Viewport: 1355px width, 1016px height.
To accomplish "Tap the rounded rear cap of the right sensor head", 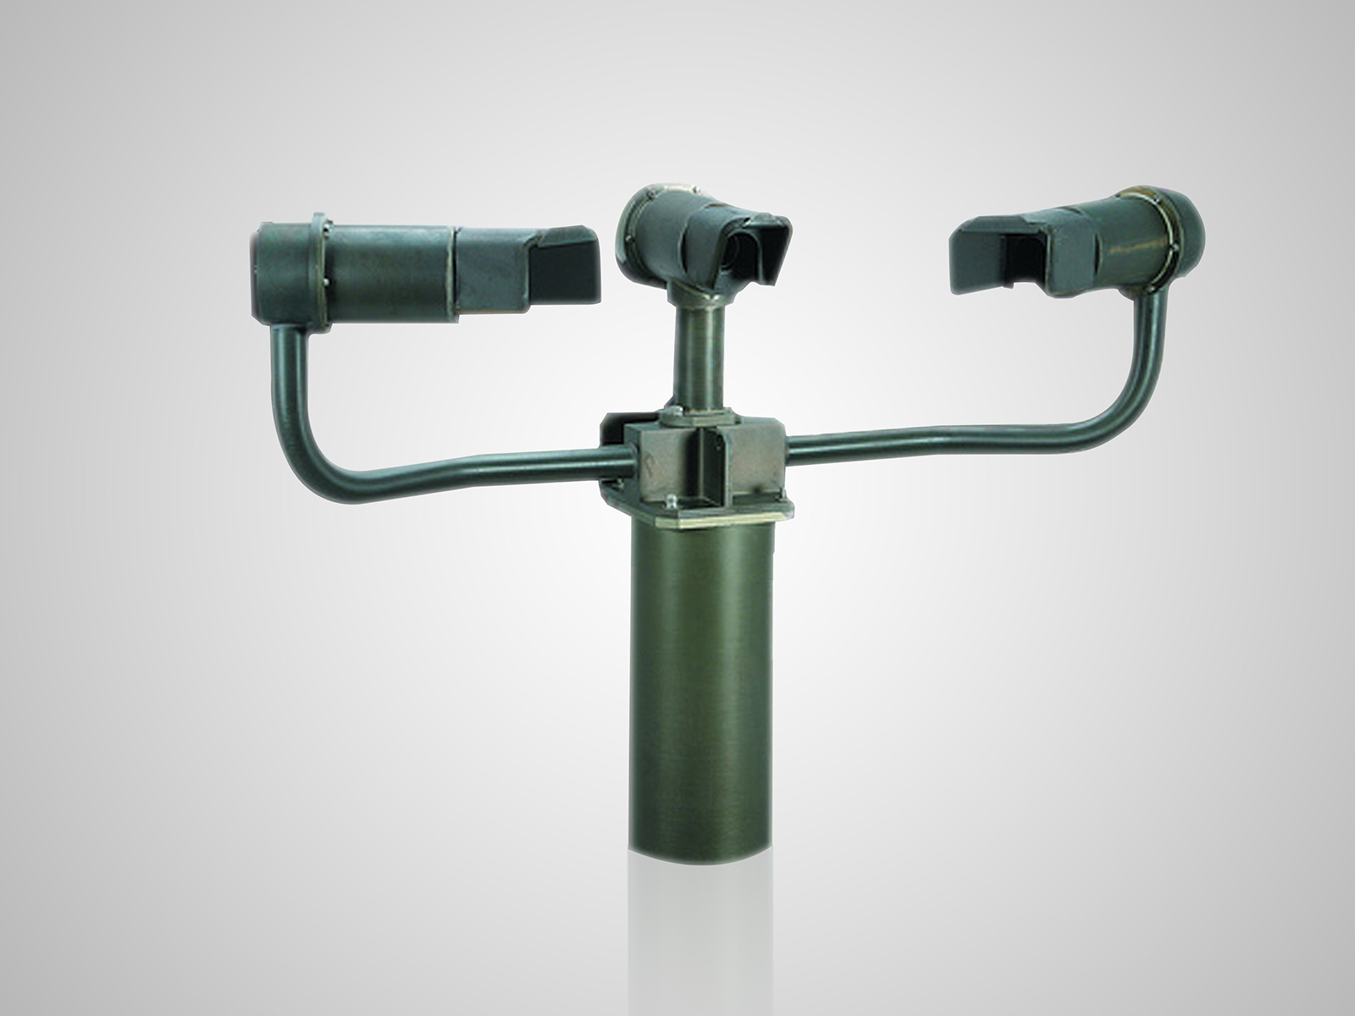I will (1186, 233).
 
